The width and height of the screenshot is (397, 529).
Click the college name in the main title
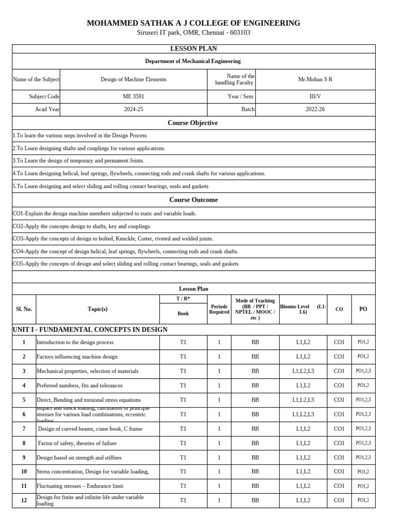coord(193,23)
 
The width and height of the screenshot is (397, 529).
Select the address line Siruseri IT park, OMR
coord(193,33)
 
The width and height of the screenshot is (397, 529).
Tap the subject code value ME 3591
coord(133,97)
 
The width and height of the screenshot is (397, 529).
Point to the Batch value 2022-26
coord(315,110)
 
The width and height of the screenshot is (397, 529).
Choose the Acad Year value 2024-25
coord(133,110)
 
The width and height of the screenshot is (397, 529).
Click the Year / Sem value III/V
coord(315,97)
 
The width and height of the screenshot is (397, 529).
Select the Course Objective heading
coord(193,123)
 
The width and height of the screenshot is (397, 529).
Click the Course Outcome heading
coord(193,200)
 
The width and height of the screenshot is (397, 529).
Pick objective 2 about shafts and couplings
coord(89,148)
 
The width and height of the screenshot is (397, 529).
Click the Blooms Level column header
coord(303,309)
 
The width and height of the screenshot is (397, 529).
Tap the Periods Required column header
coord(219,309)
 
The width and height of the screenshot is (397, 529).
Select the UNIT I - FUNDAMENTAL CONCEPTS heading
coord(90,330)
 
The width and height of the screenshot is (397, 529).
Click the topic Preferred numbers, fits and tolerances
coord(79,385)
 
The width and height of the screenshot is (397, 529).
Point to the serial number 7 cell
coord(24,429)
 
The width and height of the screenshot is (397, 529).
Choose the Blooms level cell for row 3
coord(303,371)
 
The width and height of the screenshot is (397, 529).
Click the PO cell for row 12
coord(363,500)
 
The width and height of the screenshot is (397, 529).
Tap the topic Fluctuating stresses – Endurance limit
coord(80,486)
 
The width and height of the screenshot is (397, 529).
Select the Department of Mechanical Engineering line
coord(193,61)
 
